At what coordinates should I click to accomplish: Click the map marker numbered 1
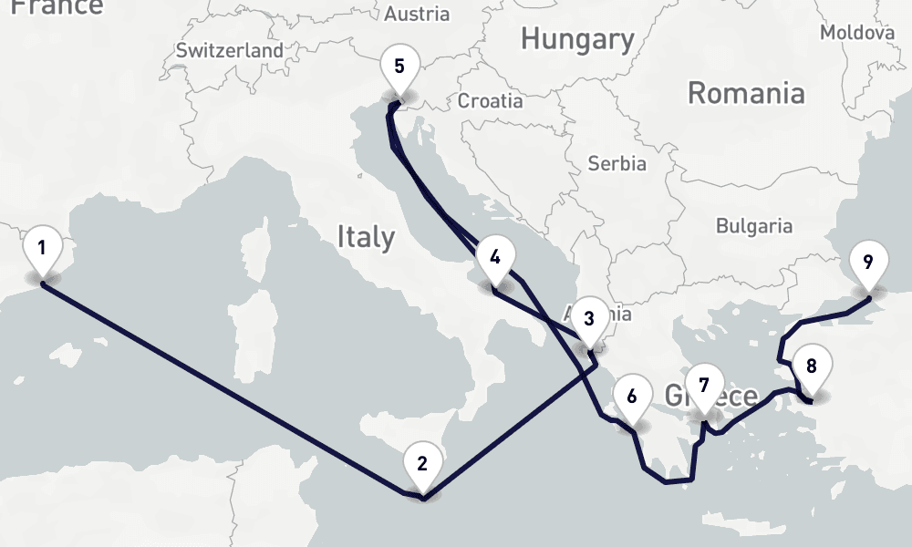42,248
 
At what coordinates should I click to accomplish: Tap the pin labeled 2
421,463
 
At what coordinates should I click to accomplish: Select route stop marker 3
588,319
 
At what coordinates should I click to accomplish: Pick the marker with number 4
494,257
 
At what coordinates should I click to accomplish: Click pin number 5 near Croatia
399,67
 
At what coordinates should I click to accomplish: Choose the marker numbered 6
632,397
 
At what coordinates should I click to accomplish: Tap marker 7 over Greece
703,385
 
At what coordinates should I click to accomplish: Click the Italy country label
366,238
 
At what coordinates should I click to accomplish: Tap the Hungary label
577,39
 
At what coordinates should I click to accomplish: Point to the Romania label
746,93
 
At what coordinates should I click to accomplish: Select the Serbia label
617,164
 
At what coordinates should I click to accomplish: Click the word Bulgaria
754,225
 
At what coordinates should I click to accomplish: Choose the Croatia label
491,100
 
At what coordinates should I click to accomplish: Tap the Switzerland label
230,51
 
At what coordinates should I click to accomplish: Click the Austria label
417,14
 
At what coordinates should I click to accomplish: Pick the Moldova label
857,33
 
